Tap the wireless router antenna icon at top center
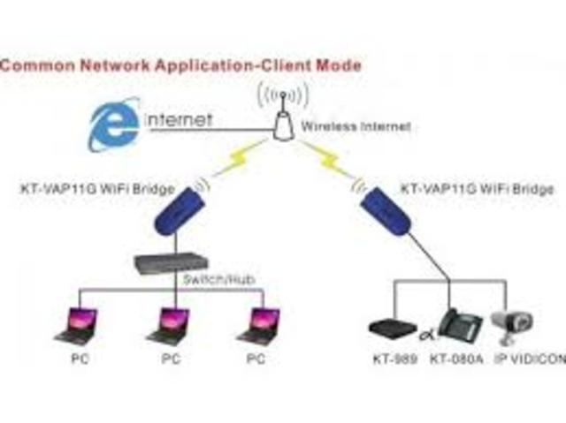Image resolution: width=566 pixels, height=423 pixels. coord(282,116)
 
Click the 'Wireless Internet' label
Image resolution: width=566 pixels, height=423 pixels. coord(356,127)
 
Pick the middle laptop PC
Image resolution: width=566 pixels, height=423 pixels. coord(167,324)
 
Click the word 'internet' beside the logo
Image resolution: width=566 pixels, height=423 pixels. coord(180,120)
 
